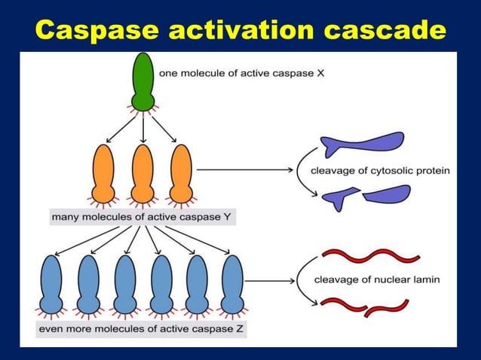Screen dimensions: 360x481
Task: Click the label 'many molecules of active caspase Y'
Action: point(143,218)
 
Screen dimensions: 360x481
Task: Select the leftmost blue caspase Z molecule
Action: point(51,282)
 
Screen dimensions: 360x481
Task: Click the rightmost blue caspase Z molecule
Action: point(232,282)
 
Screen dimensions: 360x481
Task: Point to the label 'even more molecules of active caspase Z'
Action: point(142,329)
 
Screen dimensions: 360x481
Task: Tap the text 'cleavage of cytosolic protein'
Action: point(380,171)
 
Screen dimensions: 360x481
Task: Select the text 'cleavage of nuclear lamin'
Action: point(377,280)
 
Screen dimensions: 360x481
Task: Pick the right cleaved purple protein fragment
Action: point(386,194)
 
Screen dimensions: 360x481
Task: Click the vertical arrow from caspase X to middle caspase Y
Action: point(142,127)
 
